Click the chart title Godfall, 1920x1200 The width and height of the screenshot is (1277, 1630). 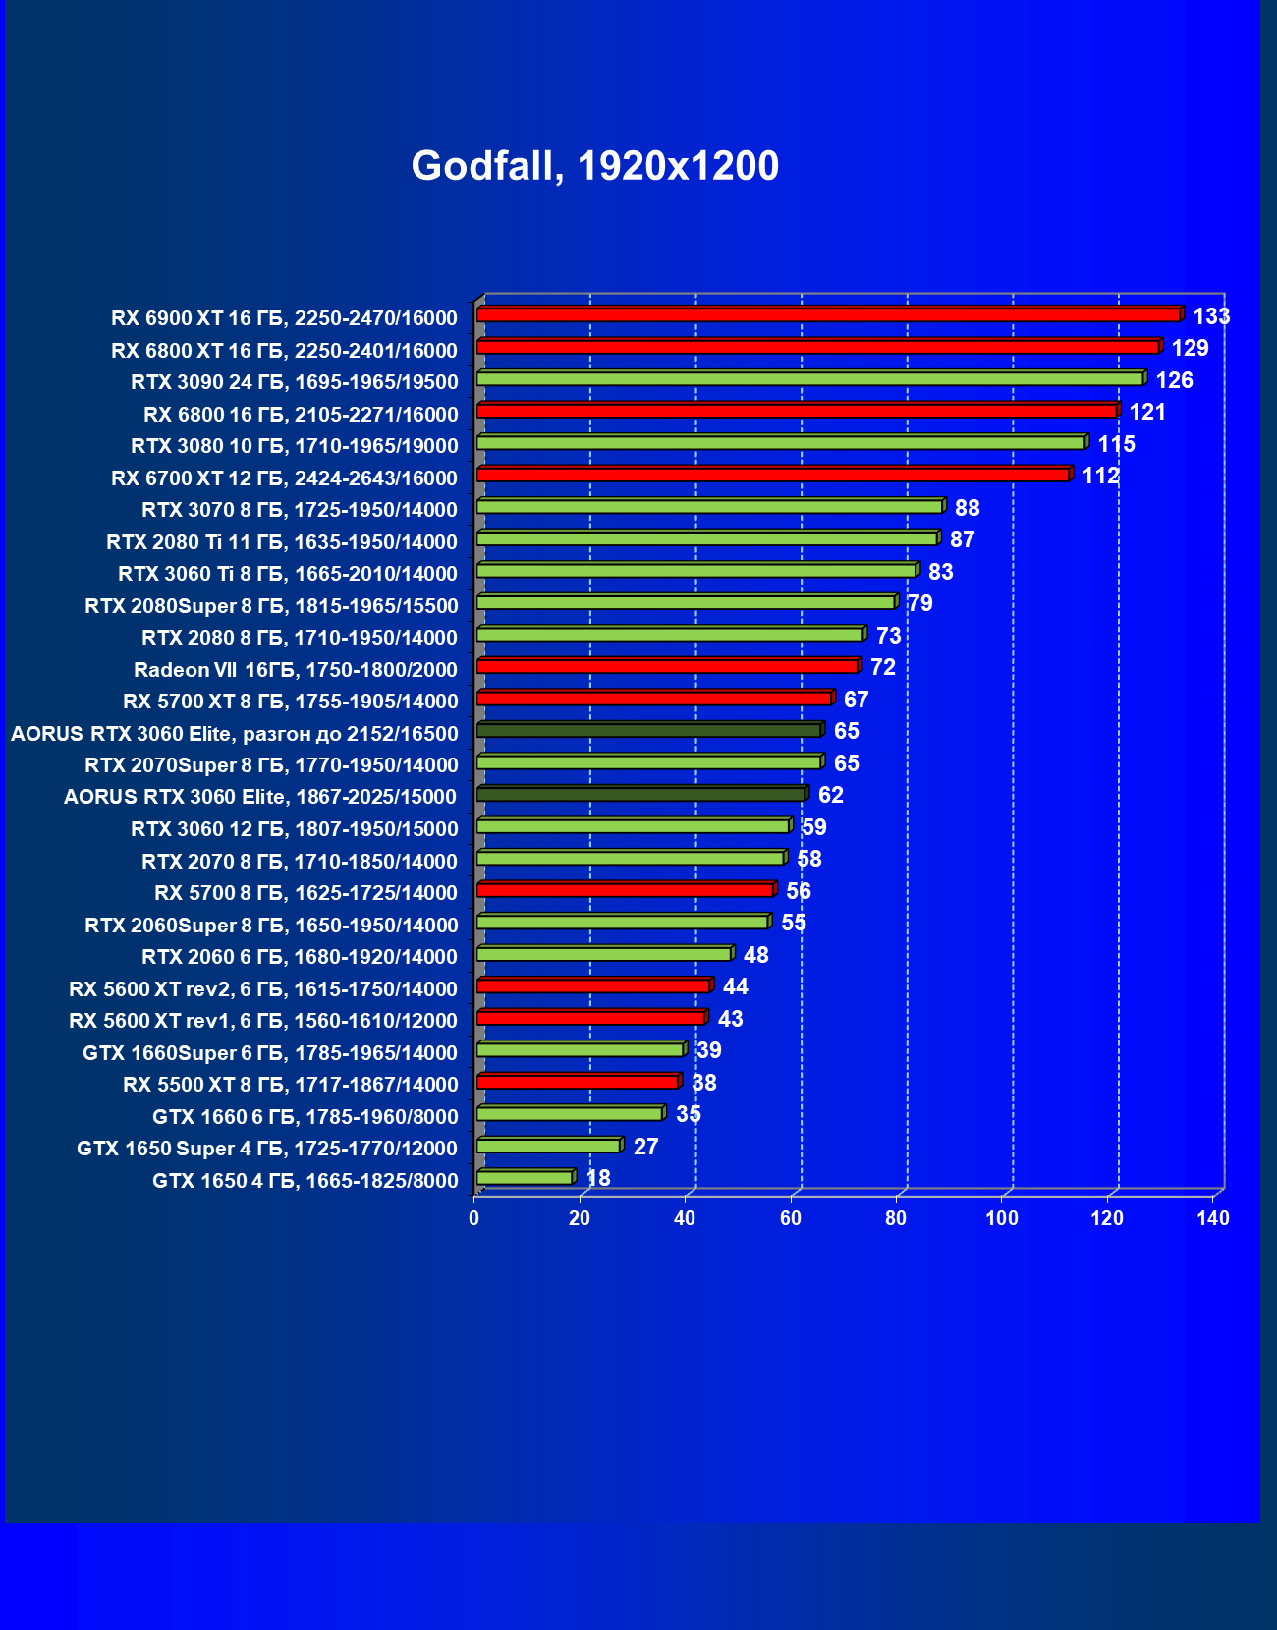tap(594, 166)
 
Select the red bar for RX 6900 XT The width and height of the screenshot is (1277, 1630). tap(827, 314)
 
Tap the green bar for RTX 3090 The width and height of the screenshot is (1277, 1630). tap(809, 378)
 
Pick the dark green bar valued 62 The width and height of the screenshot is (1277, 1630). tap(640, 794)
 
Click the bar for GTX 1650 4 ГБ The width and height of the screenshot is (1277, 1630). tap(525, 1177)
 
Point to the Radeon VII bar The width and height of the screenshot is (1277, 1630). tap(667, 666)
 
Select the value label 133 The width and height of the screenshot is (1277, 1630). tap(1211, 316)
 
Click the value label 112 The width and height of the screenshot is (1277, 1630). tap(1100, 477)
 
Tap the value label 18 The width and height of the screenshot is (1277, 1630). tap(597, 1178)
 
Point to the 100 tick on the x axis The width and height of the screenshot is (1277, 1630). tap(1002, 1218)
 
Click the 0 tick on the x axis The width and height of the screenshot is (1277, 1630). tap(474, 1218)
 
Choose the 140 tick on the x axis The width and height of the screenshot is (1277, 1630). tap(1213, 1218)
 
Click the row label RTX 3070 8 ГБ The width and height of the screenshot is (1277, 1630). tap(300, 510)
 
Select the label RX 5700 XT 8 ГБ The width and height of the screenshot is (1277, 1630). tap(290, 702)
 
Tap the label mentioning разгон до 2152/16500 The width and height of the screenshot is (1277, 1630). tap(234, 734)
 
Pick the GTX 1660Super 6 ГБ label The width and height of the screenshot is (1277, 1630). tap(270, 1053)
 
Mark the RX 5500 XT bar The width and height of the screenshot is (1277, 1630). tap(578, 1082)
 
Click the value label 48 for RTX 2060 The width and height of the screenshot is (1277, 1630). tap(755, 955)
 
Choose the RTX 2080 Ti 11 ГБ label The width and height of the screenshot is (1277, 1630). tap(282, 542)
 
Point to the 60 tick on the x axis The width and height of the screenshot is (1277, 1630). tap(791, 1218)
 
